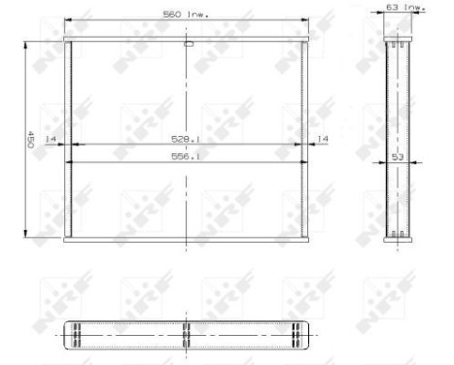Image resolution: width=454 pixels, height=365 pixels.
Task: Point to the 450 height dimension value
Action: tap(31, 140)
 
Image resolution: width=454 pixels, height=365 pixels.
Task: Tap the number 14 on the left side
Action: tap(50, 139)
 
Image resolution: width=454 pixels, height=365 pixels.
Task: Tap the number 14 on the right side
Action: tap(323, 139)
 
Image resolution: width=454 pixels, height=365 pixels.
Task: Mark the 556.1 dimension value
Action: tap(187, 156)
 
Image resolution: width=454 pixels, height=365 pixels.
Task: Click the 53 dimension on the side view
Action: tap(397, 156)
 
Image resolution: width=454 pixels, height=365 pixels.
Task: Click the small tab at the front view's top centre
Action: tap(187, 44)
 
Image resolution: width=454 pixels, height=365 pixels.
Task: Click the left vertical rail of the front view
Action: tap(68, 140)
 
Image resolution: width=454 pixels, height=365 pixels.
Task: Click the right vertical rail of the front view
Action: tap(306, 140)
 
